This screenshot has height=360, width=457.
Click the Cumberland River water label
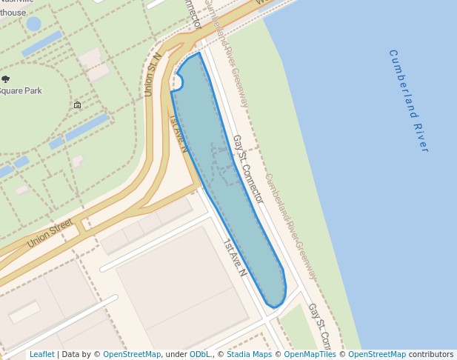(408, 101)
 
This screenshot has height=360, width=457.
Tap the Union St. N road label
(153, 74)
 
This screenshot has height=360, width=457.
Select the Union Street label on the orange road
(50, 233)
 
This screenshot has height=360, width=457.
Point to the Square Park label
(21, 91)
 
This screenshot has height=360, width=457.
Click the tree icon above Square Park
(6, 79)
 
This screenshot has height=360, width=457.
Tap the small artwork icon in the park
(78, 105)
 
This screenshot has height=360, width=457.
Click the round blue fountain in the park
(33, 24)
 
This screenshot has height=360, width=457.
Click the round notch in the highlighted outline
(179, 81)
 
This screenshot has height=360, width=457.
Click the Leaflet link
(41, 355)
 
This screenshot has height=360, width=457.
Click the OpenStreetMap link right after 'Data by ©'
(132, 355)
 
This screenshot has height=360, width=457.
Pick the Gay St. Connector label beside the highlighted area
(247, 169)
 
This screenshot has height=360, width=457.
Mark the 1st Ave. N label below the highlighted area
(234, 256)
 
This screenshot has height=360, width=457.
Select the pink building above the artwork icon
(93, 60)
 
